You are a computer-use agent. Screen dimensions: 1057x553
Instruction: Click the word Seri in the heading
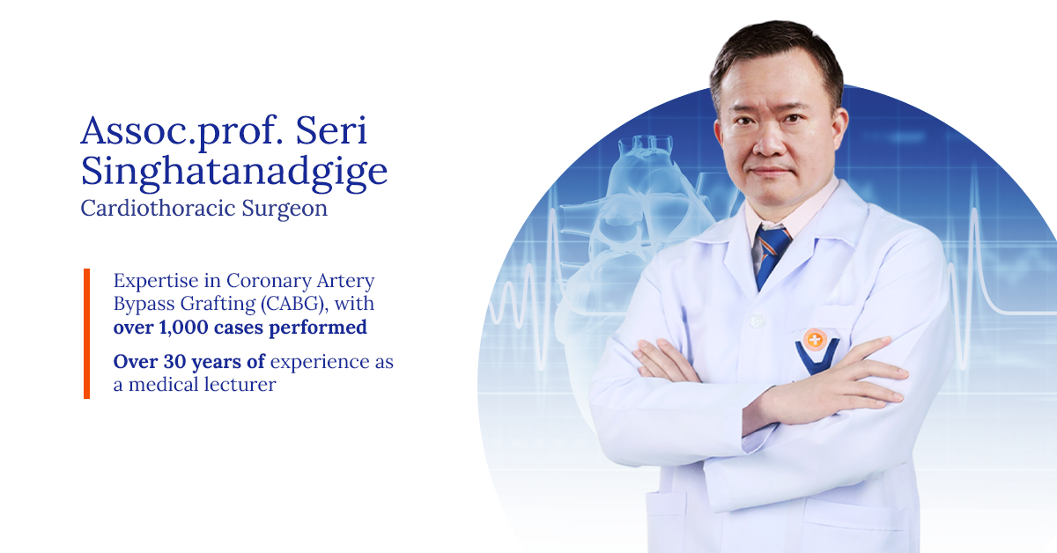(x=331, y=130)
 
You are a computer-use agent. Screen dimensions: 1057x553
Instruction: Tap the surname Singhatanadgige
(x=234, y=173)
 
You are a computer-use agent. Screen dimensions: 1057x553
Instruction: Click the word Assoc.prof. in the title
(x=181, y=133)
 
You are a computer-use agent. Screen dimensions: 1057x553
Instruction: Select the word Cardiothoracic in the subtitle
(x=158, y=208)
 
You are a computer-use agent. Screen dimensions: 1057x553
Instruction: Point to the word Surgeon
(x=285, y=210)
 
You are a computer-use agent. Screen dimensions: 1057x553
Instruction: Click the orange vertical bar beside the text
(x=87, y=334)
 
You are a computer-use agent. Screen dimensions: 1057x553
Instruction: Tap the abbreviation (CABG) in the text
(x=294, y=304)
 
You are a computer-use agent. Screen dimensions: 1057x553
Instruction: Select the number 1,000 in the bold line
(x=183, y=328)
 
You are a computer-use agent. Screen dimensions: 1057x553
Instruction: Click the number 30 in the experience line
(x=174, y=362)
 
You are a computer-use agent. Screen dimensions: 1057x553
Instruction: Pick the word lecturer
(x=240, y=385)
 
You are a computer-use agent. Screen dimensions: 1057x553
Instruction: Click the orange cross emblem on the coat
(x=814, y=339)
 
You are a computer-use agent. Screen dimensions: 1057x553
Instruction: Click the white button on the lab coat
(x=757, y=321)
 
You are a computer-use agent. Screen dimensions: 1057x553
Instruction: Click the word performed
(x=318, y=328)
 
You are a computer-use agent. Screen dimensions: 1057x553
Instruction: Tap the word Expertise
(x=156, y=282)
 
